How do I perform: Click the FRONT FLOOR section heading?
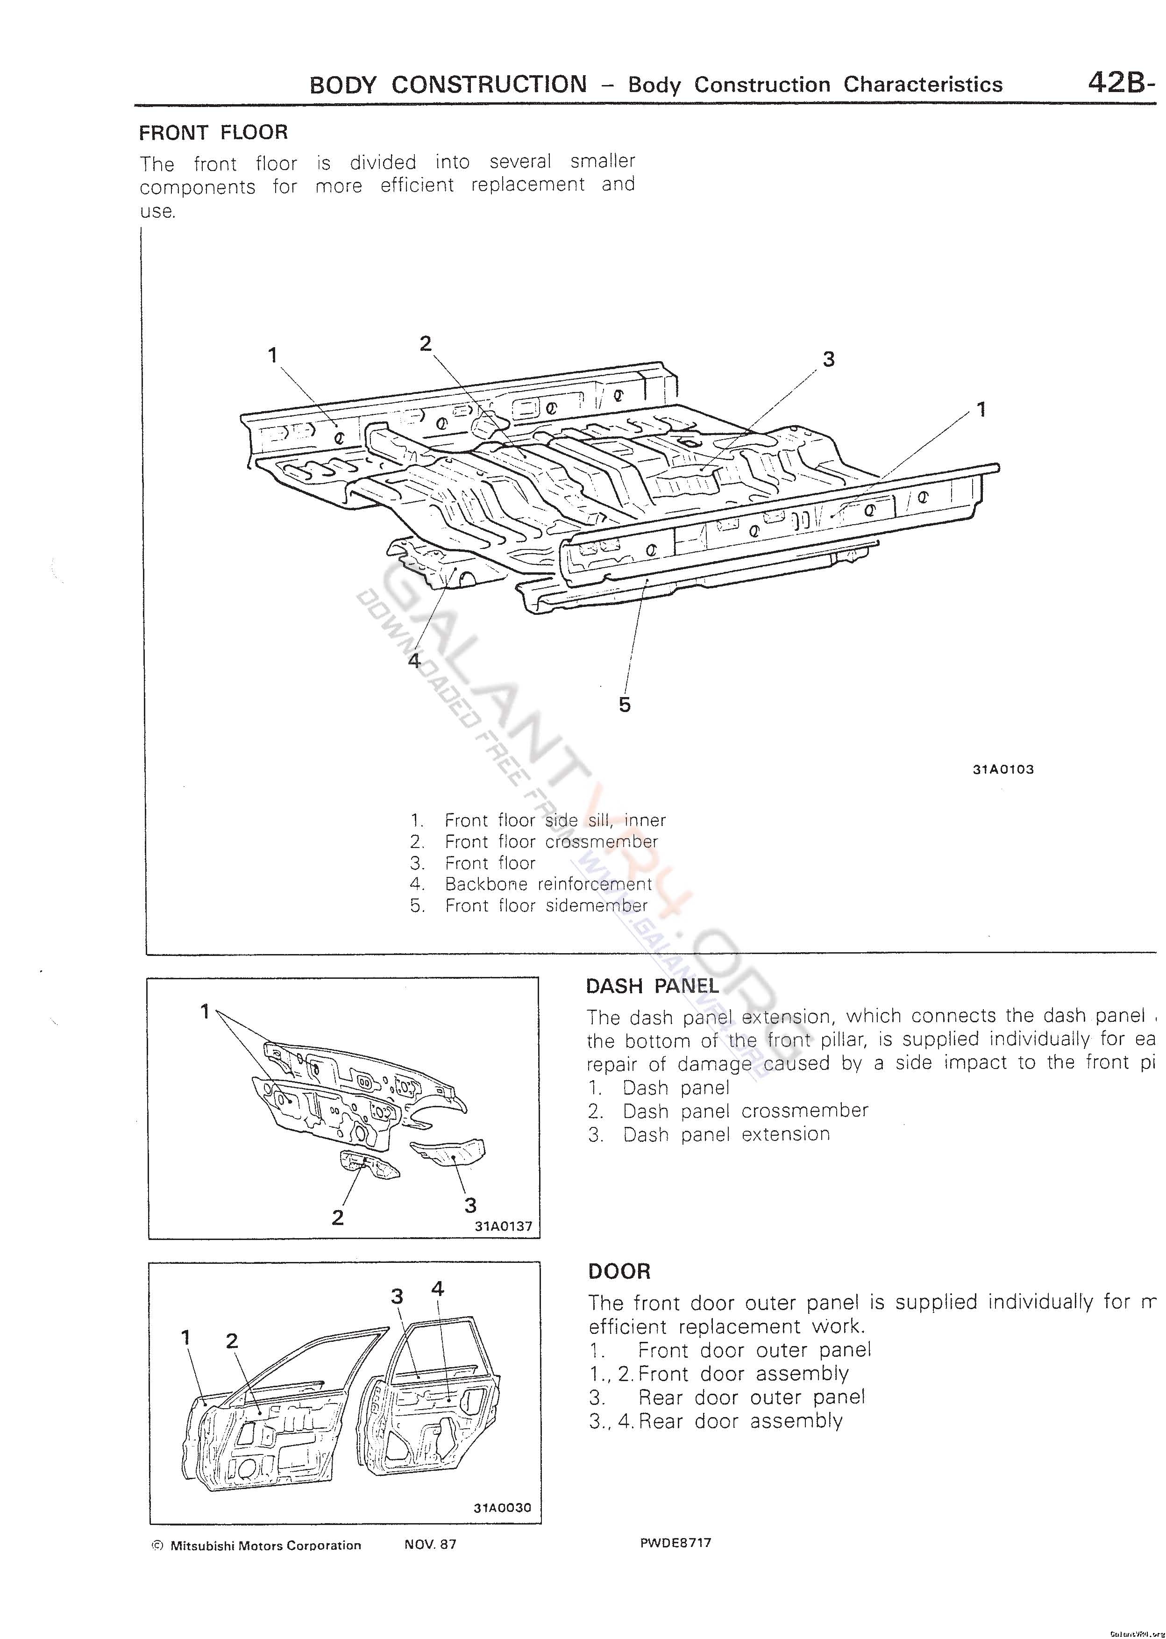click(213, 133)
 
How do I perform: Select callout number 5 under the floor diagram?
click(625, 704)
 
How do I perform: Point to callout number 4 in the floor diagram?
click(414, 660)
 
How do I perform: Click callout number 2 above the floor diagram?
click(426, 344)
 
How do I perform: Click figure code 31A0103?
click(1003, 770)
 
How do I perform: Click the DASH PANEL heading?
click(652, 986)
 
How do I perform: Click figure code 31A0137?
click(503, 1226)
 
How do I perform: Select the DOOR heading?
click(619, 1271)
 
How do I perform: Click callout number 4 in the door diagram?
click(437, 1289)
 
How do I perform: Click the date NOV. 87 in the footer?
click(430, 1544)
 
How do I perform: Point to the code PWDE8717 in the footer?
click(675, 1543)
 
